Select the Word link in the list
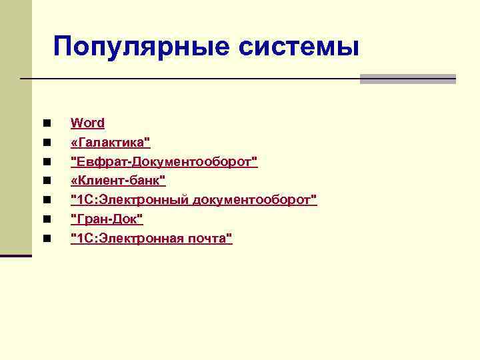tap(87, 123)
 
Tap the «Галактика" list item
tap(110, 142)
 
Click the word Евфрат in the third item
tap(101, 161)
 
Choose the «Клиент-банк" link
tap(118, 181)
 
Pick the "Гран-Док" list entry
tap(107, 219)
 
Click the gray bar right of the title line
tap(407, 79)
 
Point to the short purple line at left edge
tap(16, 255)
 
